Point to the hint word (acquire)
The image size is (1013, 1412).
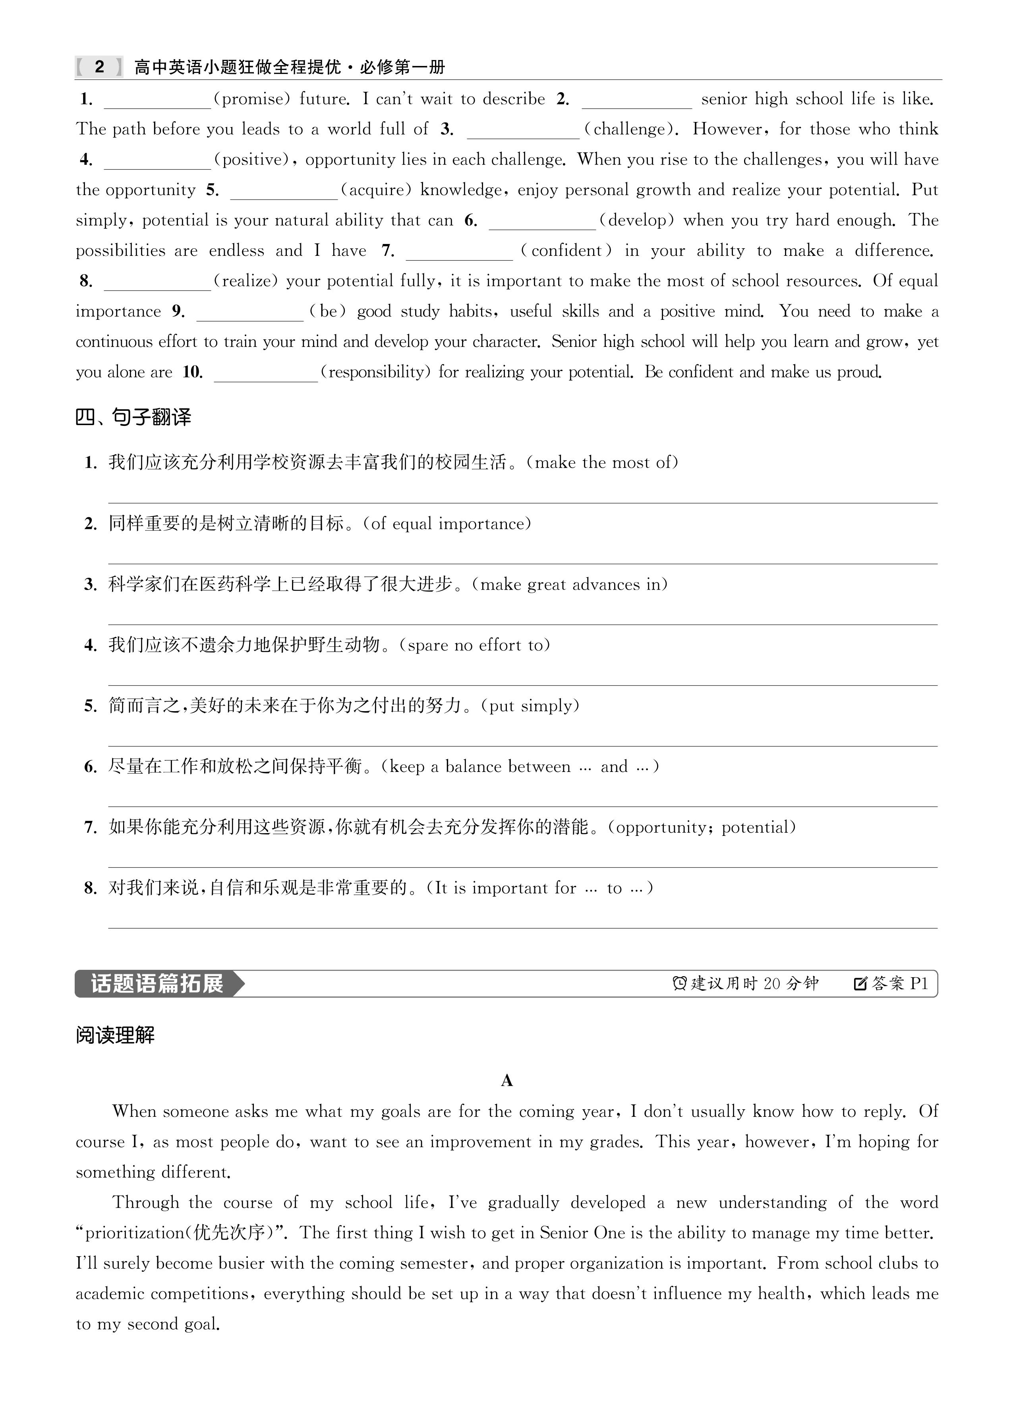coord(376,190)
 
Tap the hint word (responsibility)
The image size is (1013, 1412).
coord(375,372)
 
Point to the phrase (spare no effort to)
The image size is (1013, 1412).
coord(474,645)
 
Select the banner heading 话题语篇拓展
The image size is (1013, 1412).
coord(157,984)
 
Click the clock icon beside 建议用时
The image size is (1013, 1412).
coord(679,984)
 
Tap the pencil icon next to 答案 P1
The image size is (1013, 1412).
coord(860,984)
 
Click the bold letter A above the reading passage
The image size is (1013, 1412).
coord(507,1081)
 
